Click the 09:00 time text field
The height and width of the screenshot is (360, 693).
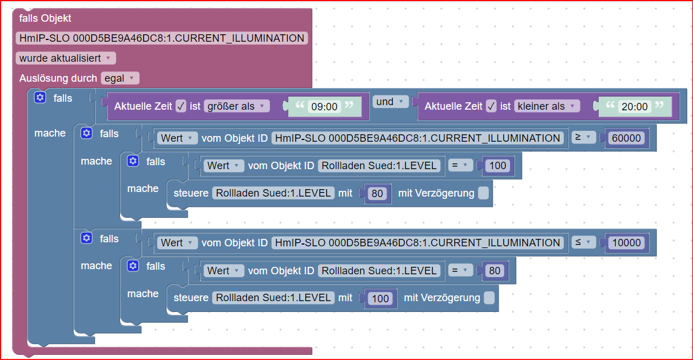(324, 107)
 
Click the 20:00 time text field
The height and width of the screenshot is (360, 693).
(635, 107)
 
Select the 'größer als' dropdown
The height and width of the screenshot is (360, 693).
(236, 106)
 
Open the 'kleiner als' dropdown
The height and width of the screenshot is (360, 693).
(547, 106)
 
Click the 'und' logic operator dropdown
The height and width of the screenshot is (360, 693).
(390, 102)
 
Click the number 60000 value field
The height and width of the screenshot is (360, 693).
(627, 138)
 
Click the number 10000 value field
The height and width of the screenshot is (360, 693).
(627, 243)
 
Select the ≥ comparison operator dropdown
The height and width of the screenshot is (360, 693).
(583, 138)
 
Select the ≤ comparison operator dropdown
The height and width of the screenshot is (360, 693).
(583, 243)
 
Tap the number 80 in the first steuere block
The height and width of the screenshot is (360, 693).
(377, 193)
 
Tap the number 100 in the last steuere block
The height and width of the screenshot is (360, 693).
(380, 298)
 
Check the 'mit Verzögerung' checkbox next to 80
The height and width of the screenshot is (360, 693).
(483, 193)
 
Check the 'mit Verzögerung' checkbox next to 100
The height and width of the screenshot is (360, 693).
(489, 298)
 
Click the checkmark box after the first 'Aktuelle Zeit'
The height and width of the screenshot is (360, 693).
(181, 106)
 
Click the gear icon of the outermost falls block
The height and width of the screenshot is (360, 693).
(39, 98)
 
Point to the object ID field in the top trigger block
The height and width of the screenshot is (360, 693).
(162, 38)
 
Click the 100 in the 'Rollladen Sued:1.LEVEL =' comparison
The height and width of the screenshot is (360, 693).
(499, 166)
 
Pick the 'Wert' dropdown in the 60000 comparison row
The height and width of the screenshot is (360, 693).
(177, 138)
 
